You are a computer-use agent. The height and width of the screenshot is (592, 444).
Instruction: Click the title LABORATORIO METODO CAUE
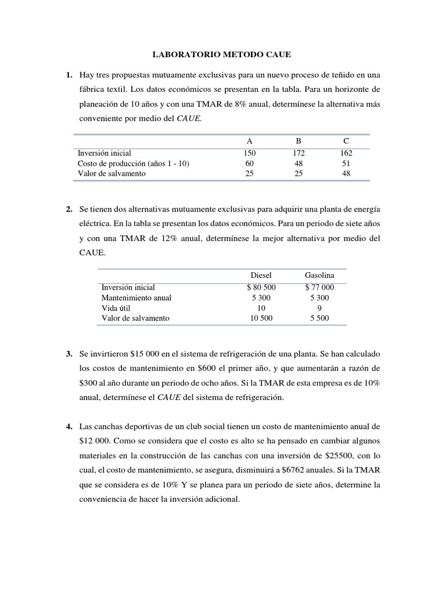(x=222, y=55)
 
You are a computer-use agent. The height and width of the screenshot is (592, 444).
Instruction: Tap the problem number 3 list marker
(x=69, y=353)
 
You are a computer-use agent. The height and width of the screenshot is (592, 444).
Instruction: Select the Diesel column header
(x=261, y=275)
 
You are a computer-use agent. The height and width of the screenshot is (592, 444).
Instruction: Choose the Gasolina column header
(x=319, y=275)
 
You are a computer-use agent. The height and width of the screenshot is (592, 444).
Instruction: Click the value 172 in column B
(x=299, y=153)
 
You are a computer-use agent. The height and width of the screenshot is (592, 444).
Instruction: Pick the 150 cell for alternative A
(x=249, y=153)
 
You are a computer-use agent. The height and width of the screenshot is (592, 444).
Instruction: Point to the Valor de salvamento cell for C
(x=346, y=173)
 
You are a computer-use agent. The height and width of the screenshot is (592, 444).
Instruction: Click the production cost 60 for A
(x=249, y=164)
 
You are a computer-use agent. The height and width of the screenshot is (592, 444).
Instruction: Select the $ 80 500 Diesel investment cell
(x=261, y=287)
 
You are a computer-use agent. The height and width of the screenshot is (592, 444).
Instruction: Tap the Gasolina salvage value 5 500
(x=319, y=319)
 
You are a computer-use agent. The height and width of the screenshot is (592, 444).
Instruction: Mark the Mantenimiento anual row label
(x=136, y=298)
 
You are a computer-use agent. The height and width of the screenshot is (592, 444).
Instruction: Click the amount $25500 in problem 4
(x=332, y=457)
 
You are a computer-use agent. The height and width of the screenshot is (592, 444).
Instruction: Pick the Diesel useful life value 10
(x=261, y=308)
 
